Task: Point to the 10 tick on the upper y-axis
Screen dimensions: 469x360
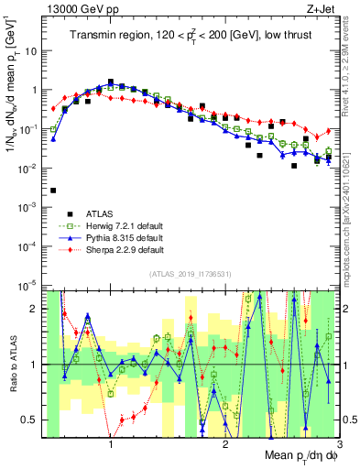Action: (x=35, y=51)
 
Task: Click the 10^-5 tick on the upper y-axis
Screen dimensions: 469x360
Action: (x=31, y=285)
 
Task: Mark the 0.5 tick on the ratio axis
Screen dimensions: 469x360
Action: (x=32, y=420)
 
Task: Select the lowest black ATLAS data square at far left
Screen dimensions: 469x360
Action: (x=53, y=191)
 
